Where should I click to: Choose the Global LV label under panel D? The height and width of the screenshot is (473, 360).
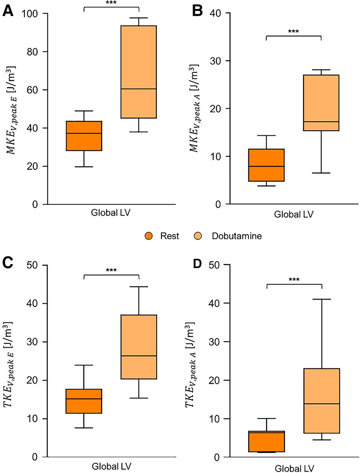coord(294,467)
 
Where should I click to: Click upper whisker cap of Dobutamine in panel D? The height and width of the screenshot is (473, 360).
coord(321,299)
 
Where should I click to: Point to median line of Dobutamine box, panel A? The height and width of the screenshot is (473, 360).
coord(139,89)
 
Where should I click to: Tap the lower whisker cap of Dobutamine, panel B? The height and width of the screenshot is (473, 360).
coord(321,173)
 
